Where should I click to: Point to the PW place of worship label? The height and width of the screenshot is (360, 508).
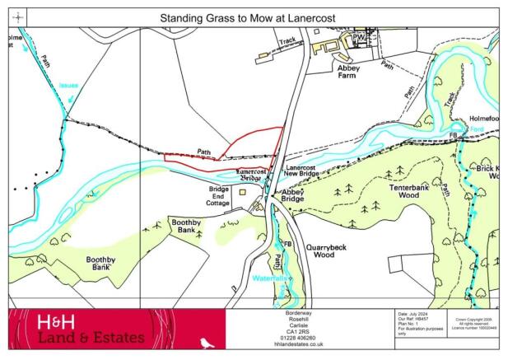click(359, 37)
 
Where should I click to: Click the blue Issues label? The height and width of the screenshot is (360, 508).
click(68, 85)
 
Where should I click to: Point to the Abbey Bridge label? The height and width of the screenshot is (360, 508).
click(293, 194)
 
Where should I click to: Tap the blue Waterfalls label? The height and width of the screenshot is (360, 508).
click(270, 278)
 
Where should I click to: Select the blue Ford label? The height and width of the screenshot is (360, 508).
click(476, 130)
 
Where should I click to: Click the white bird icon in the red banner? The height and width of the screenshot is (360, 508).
click(207, 340)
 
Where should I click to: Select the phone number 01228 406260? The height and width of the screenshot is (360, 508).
click(309, 337)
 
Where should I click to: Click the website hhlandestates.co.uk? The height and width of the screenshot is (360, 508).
click(309, 344)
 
